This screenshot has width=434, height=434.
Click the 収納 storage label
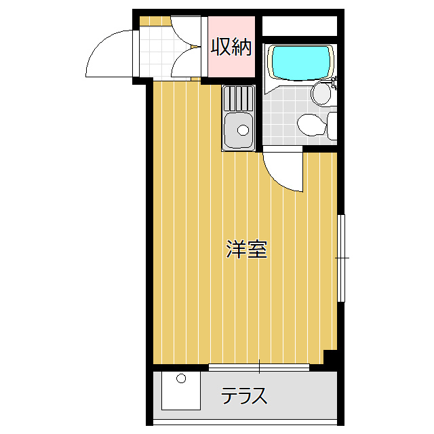[x=231, y=47]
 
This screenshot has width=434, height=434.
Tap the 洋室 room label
[x=246, y=250]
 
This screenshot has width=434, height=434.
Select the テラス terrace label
[x=244, y=396]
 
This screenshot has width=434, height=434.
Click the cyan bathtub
[x=301, y=62]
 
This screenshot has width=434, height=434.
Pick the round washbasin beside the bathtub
[x=321, y=94]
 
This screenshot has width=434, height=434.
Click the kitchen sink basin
[x=238, y=130]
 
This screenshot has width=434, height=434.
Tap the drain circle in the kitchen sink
[x=241, y=130]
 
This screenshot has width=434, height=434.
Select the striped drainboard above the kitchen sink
[x=239, y=99]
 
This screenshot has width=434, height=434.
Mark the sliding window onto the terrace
[x=258, y=367]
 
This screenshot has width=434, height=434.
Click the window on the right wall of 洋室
[x=341, y=258]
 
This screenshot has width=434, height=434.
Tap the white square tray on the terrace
[x=181, y=391]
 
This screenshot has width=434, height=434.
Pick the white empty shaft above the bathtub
[x=299, y=26]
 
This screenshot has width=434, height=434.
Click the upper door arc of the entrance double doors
[x=185, y=31]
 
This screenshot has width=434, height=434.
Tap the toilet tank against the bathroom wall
[x=332, y=126]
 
